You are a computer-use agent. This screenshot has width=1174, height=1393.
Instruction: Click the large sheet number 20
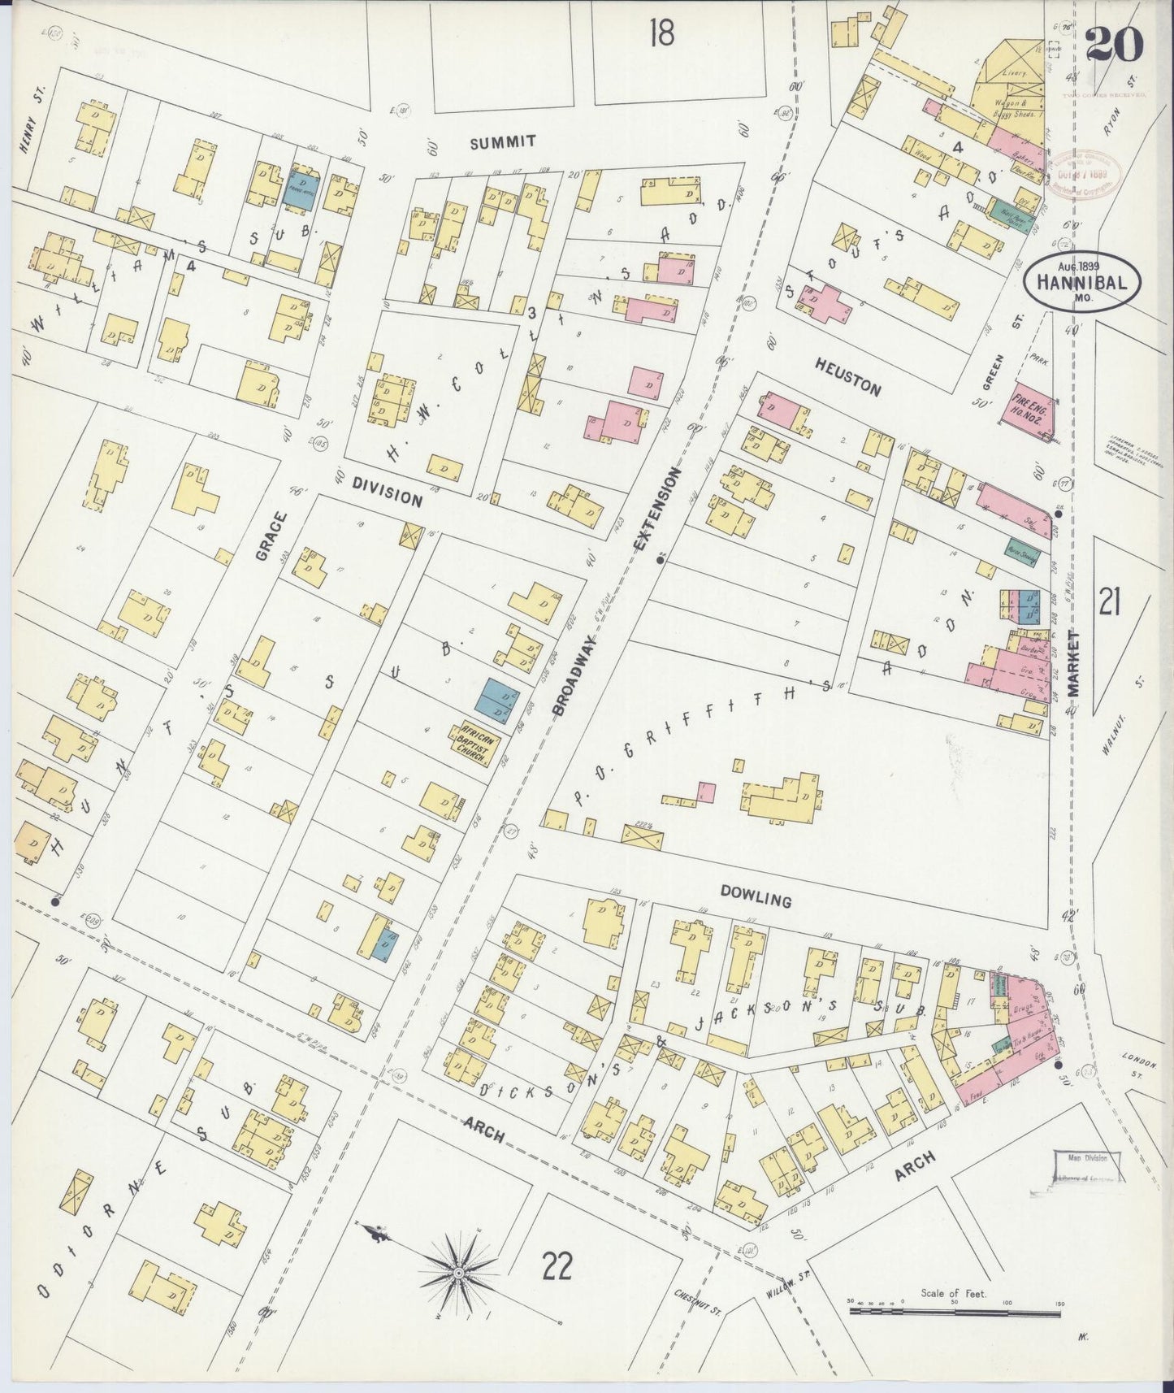tap(1115, 43)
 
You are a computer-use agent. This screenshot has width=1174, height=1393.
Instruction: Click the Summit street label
tap(503, 141)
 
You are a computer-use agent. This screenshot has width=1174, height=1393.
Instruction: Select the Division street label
tap(387, 491)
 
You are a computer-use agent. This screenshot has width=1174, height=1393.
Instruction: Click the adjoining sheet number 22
tap(557, 1265)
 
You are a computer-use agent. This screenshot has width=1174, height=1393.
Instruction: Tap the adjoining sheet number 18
tap(662, 33)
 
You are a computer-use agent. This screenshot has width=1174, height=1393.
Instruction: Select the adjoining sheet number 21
tap(1110, 603)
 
